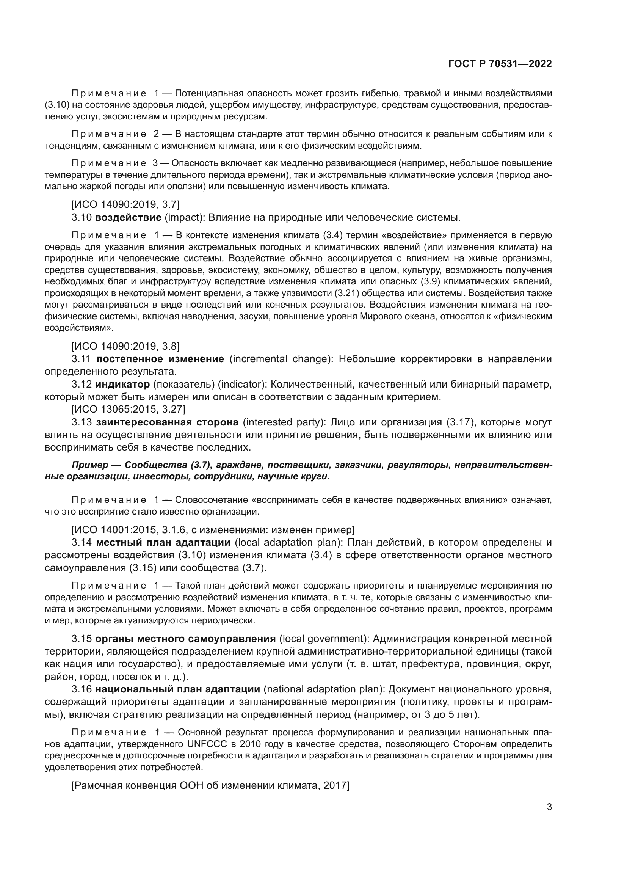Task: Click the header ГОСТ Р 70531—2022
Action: coord(500,64)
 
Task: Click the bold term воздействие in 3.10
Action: coord(128,218)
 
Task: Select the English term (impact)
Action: coord(184,218)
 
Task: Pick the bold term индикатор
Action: coord(122,385)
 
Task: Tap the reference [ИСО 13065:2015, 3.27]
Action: coord(128,409)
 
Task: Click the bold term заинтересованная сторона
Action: coord(167,422)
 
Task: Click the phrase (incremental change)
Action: coord(281,359)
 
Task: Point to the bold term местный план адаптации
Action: coord(163,542)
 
